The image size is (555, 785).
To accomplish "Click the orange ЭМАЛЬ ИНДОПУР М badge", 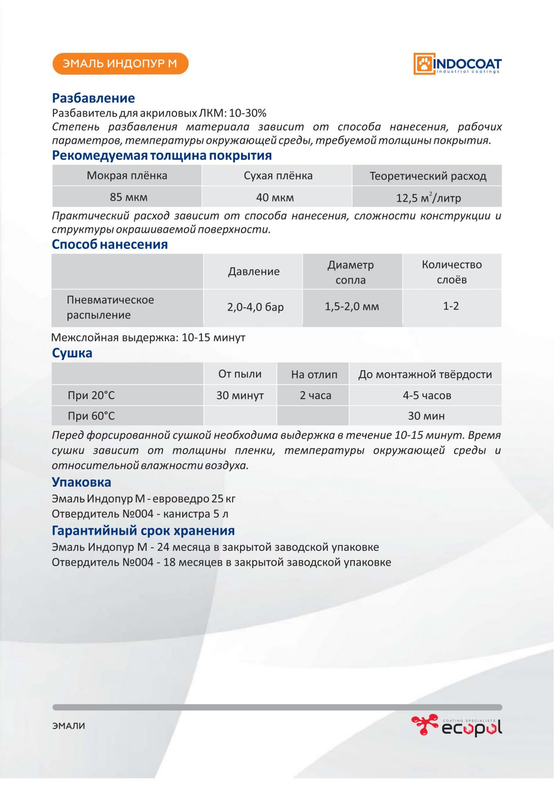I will tap(120, 64).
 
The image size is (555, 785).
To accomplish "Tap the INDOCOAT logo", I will tap(457, 64).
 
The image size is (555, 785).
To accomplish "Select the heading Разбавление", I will tap(93, 98).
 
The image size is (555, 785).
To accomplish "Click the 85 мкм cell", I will tap(129, 197).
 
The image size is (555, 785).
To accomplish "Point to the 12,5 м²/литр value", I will tap(428, 198).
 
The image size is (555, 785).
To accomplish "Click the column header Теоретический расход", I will tap(428, 176).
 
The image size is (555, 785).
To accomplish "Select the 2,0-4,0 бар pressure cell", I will tap(255, 307).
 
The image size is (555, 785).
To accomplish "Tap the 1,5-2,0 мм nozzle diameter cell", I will tap(352, 307).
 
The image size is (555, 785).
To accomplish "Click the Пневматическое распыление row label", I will tap(110, 307).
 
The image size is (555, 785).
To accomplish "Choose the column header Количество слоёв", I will tap(452, 272).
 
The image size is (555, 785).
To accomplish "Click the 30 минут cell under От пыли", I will tap(240, 396).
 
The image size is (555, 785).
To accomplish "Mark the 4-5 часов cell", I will tap(426, 396).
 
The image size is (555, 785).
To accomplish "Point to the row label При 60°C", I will tap(91, 416).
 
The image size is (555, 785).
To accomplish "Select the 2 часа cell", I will tap(315, 396).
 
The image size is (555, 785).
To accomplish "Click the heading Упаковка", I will tap(82, 482).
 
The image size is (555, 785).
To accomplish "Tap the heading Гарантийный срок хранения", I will tap(143, 531).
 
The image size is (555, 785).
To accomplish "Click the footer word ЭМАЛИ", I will tap(69, 726).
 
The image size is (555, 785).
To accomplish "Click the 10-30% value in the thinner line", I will tap(248, 113).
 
